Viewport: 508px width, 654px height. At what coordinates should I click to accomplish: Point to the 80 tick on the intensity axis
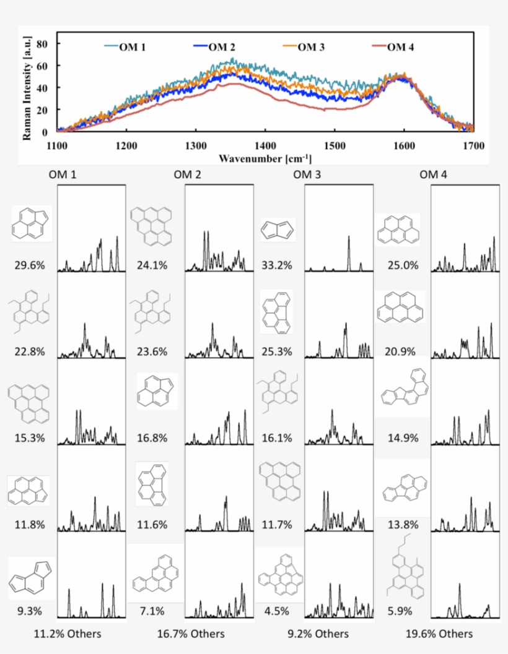(43, 43)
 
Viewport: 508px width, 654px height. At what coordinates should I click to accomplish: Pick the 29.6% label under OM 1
(30, 266)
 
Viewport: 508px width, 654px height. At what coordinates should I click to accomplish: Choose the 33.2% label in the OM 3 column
(277, 266)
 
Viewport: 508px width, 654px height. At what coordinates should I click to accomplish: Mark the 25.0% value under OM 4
(403, 266)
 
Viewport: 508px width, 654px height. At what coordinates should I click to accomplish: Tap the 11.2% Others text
(68, 634)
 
